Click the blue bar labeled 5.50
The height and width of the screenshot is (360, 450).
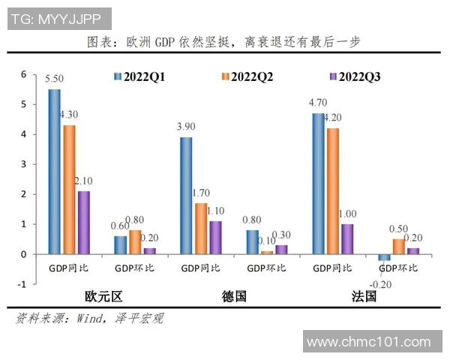point(55,172)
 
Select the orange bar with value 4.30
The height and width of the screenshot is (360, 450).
point(70,190)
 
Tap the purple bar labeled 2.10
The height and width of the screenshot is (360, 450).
point(84,223)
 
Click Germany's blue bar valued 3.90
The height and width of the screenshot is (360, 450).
point(186,196)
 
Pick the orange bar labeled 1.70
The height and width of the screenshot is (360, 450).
point(201,229)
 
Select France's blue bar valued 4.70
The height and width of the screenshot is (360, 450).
point(319,184)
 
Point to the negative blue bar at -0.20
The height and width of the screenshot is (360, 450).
point(384,257)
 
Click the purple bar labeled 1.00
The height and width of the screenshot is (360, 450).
point(347,239)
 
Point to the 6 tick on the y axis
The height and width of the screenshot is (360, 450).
point(23,74)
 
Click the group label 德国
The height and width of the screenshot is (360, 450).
point(233,296)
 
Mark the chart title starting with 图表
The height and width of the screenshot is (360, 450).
point(224,42)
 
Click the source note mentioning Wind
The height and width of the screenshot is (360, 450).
point(89,318)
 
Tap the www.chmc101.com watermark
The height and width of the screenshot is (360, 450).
point(373,342)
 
